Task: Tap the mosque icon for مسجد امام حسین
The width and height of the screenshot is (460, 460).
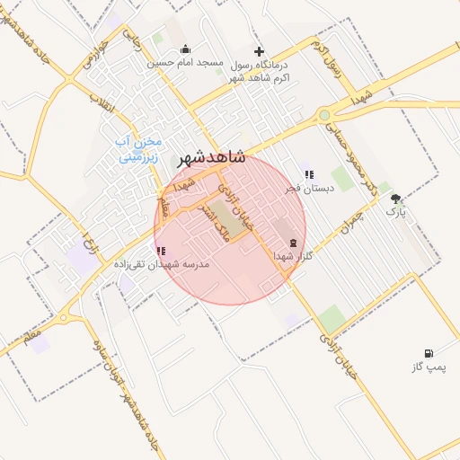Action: (x=185, y=49)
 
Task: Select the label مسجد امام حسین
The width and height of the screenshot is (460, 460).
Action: (x=185, y=63)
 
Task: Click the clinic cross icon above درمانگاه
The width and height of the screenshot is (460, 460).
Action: (x=260, y=52)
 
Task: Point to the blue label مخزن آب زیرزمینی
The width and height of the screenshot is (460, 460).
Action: (x=139, y=149)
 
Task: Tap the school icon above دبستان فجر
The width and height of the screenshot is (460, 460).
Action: (x=309, y=175)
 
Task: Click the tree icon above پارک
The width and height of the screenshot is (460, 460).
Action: (x=396, y=199)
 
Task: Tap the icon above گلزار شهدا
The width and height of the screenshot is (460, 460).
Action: (x=293, y=243)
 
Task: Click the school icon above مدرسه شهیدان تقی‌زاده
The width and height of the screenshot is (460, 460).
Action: (x=160, y=252)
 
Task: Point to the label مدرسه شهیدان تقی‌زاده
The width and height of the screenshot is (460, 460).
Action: (x=161, y=265)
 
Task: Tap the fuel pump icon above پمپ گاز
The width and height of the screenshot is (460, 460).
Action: (x=429, y=353)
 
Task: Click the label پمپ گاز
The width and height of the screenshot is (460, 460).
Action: (x=429, y=367)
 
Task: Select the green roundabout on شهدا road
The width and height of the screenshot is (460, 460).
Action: (x=323, y=115)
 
